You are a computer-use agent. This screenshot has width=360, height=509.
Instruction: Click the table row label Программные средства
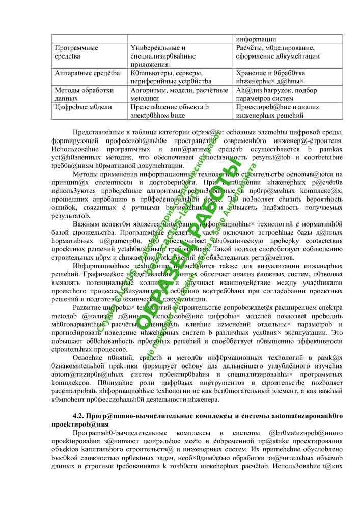coord(76,51)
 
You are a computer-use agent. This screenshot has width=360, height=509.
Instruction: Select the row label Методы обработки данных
coord(76,94)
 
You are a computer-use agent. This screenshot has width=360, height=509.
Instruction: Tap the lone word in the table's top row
coord(255,39)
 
